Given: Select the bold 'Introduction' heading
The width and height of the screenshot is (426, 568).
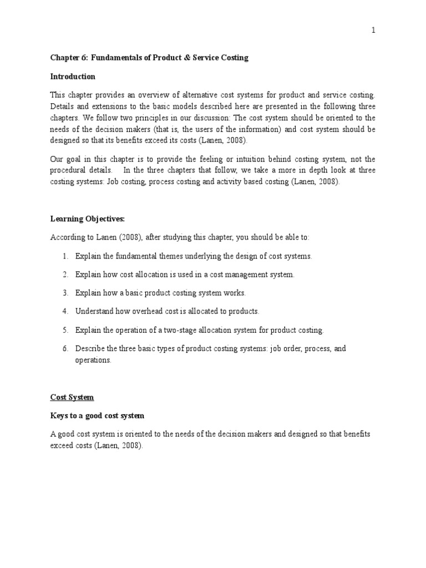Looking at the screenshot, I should click(73, 77).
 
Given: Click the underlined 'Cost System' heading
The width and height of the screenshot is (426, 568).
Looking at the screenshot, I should click(72, 397).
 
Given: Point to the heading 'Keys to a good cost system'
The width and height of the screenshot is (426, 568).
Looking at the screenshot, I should click(97, 415).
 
